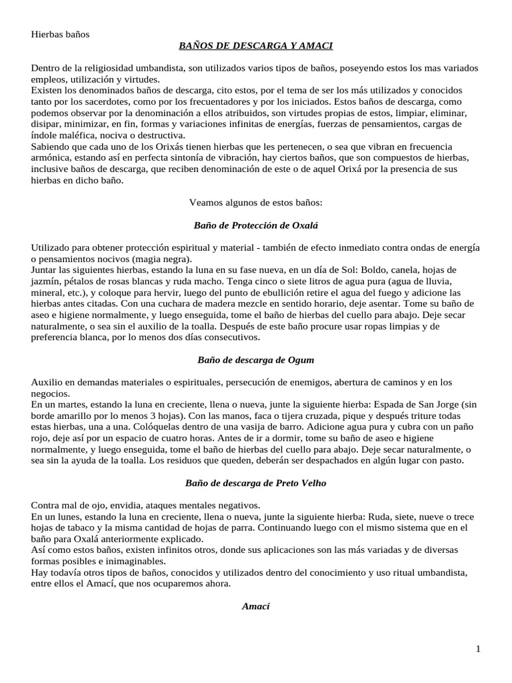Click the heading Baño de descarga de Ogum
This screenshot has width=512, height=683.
[255, 360]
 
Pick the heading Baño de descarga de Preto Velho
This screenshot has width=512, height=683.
[255, 483]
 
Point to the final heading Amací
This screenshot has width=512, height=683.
[255, 606]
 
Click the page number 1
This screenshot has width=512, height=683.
[478, 649]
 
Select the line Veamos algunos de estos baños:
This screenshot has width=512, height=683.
[255, 202]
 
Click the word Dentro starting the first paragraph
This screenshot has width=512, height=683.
[47, 68]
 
